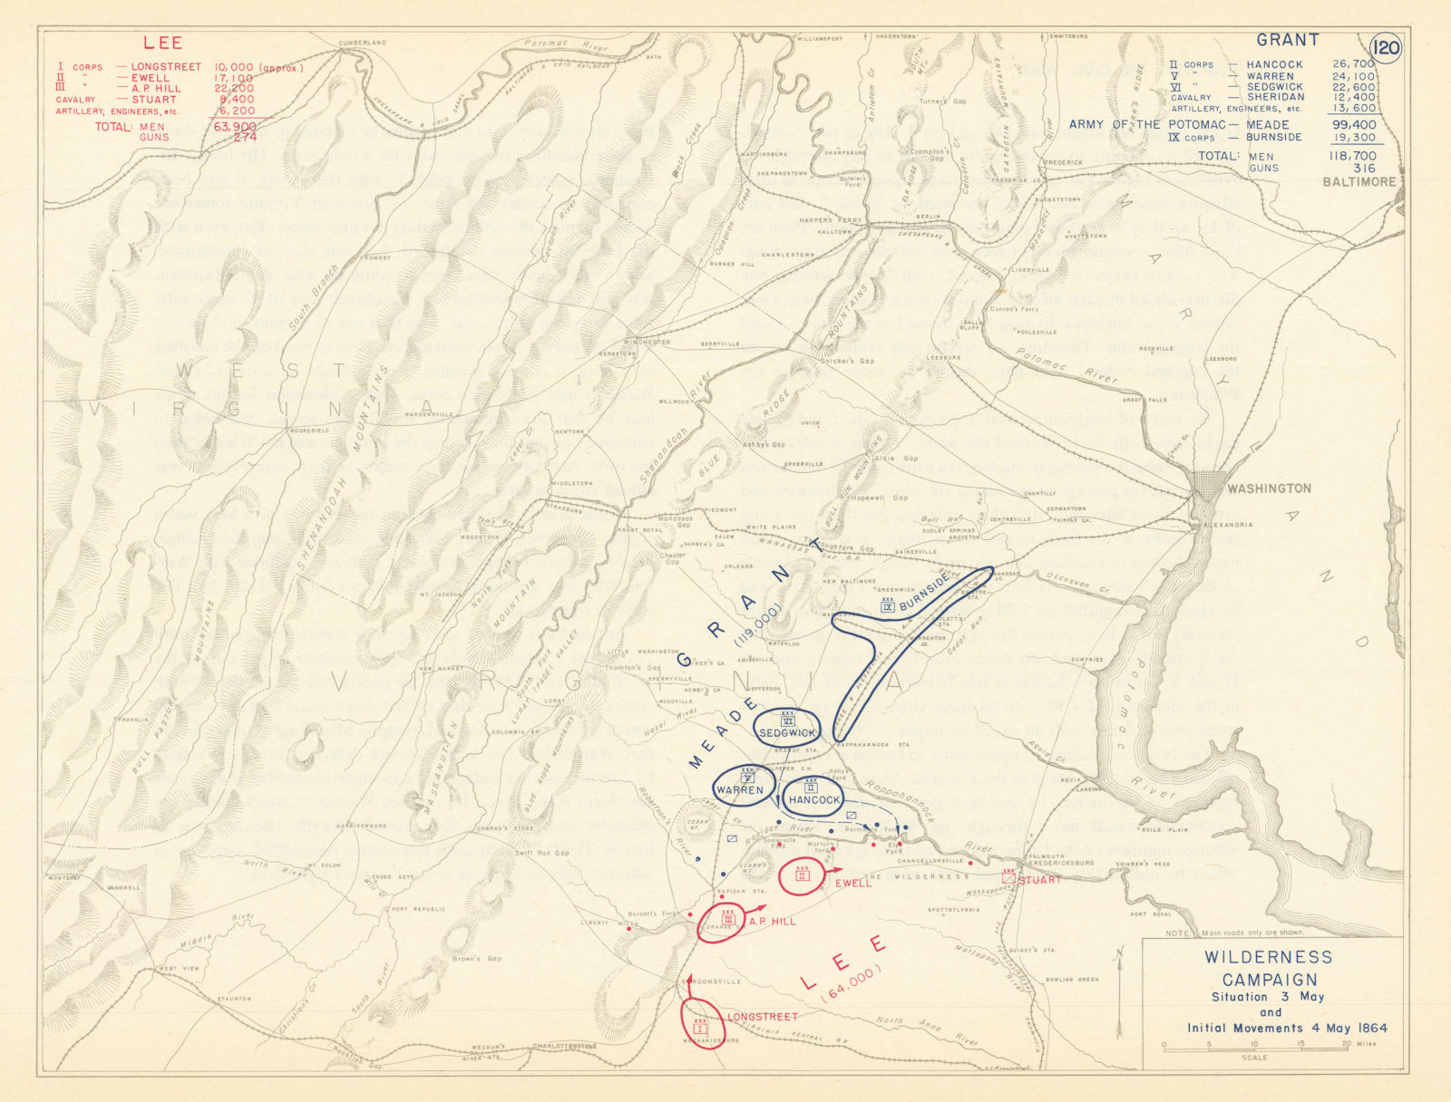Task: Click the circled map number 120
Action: tap(1387, 48)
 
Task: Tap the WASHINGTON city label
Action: tap(1269, 488)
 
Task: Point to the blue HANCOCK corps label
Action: tap(813, 800)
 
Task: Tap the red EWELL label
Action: tap(852, 882)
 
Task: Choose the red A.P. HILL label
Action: tap(772, 921)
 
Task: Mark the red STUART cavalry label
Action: tap(1038, 879)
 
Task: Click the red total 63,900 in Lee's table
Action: tap(236, 127)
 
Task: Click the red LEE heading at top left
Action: tap(163, 43)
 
